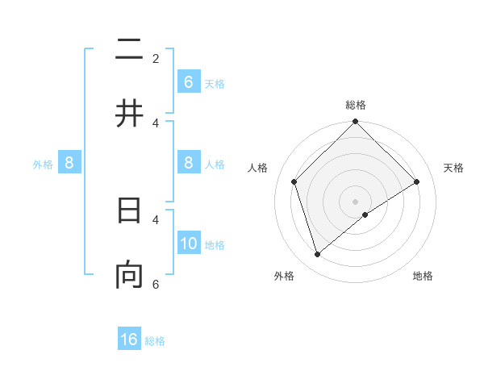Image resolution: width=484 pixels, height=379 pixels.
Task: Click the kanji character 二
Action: [129, 52]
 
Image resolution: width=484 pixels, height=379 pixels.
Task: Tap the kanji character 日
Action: [129, 210]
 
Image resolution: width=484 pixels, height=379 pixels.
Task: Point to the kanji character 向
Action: [129, 275]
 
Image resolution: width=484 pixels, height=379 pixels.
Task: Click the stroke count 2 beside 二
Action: [156, 59]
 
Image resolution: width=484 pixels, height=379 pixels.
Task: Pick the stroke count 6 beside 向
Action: [156, 285]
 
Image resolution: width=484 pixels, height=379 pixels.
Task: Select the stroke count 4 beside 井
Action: [156, 123]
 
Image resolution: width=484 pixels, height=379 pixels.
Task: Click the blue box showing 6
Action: [189, 82]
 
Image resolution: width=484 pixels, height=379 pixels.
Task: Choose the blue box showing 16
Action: [129, 339]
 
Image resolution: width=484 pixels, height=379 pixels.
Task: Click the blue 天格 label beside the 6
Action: [215, 84]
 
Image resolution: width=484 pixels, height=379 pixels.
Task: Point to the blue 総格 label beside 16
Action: [155, 341]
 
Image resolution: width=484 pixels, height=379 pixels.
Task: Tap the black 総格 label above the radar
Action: [356, 105]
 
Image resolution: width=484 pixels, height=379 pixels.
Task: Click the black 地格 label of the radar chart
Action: [423, 277]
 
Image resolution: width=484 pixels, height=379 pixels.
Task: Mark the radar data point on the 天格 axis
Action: [417, 181]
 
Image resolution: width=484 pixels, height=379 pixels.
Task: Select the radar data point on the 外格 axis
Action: [318, 255]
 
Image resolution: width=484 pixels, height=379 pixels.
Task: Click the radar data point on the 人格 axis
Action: [294, 181]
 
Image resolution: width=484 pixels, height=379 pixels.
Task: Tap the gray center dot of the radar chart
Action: [356, 201]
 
